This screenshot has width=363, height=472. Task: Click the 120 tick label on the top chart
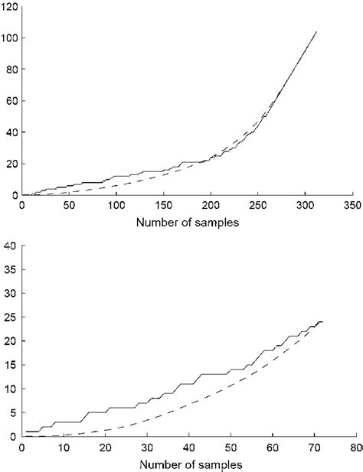coord(10,7)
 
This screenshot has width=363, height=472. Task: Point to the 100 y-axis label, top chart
coord(10,38)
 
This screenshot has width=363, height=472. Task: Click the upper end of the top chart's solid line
coord(316,32)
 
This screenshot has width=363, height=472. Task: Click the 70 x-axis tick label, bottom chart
coord(313,449)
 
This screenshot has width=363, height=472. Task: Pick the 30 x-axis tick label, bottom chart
coord(148,449)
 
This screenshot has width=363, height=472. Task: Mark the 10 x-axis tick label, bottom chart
coord(65,449)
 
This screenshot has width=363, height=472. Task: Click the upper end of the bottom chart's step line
coord(322,321)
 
